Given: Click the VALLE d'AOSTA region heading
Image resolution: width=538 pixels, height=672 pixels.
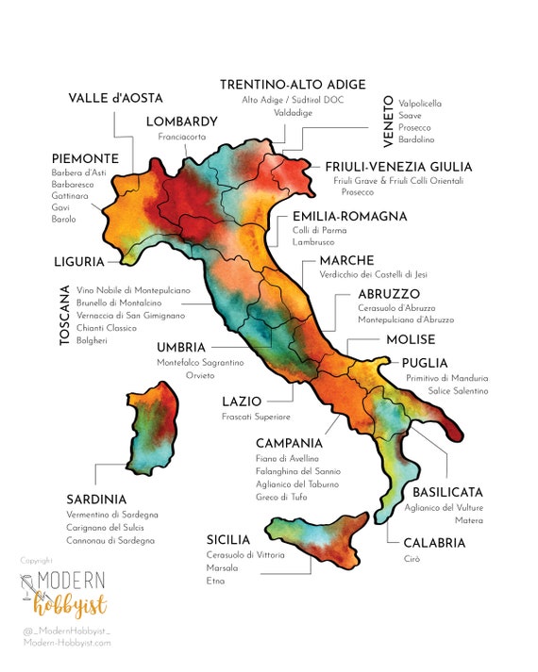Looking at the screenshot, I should click(x=116, y=98).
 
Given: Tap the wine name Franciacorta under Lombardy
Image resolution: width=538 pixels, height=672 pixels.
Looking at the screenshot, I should click(x=182, y=137).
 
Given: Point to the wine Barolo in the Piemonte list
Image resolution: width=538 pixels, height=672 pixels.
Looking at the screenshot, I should click(x=64, y=219).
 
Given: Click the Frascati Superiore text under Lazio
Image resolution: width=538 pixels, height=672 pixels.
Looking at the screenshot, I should click(x=256, y=416).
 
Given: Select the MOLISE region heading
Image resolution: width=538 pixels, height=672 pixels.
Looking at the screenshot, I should click(x=411, y=339).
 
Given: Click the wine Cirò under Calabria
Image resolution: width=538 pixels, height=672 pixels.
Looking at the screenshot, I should click(x=412, y=559).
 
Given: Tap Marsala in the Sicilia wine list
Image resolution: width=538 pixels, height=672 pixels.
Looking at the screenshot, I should click(x=223, y=568).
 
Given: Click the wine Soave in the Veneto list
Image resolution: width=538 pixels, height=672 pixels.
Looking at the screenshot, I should click(x=412, y=116).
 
